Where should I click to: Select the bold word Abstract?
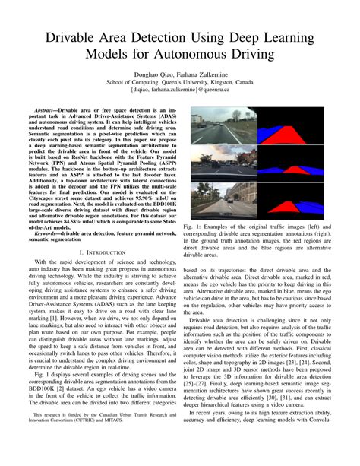coord(47,111)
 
